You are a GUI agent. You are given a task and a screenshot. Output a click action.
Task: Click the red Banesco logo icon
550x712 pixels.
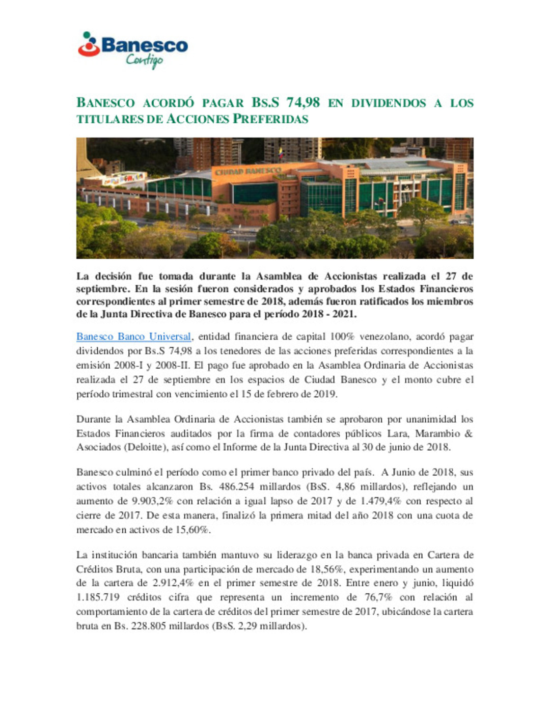click(x=89, y=44)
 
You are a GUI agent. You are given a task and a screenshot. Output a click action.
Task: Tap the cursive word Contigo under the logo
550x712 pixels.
click(x=145, y=60)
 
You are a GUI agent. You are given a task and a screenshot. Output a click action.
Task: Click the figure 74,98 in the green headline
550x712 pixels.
click(x=303, y=102)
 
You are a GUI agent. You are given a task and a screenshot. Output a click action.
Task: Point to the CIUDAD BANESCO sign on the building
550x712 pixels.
click(x=248, y=172)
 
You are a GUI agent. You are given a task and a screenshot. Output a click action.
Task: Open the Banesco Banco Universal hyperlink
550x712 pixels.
click(x=133, y=337)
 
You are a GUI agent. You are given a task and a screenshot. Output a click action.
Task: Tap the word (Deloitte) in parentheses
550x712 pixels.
click(x=148, y=447)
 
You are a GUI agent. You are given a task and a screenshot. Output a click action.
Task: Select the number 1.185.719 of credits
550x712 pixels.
click(x=98, y=597)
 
